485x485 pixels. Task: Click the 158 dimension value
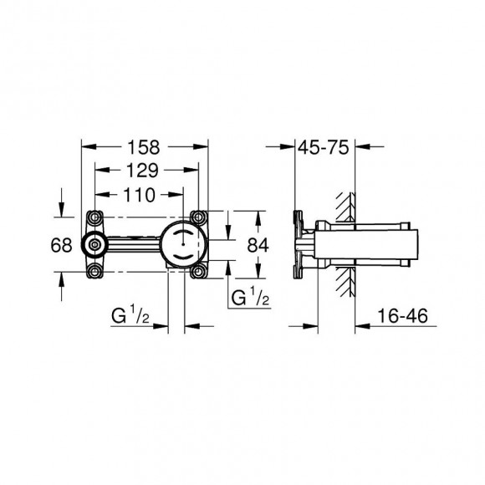tap(144, 147)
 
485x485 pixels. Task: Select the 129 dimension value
tap(142, 171)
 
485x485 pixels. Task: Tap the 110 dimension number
tap(139, 195)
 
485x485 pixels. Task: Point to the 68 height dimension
tap(61, 245)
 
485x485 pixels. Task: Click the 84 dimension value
tap(258, 245)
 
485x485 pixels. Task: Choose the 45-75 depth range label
tap(324, 147)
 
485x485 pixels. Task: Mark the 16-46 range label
tap(402, 316)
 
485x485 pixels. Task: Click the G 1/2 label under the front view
tap(130, 315)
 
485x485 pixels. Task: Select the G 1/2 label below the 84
tap(251, 297)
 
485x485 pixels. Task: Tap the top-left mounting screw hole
tap(94, 217)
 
